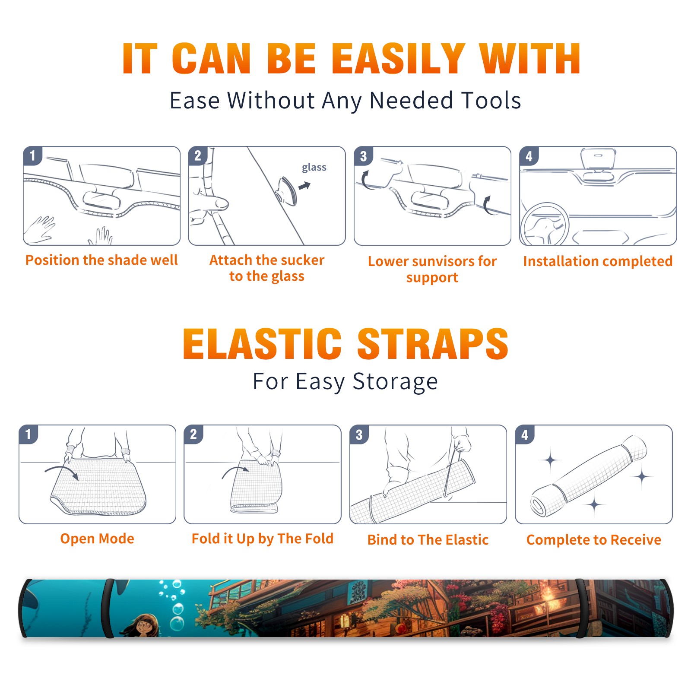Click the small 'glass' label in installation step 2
(314, 168)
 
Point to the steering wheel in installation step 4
(545, 225)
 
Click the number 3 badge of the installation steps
(364, 156)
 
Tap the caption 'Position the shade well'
(101, 260)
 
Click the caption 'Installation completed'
(598, 261)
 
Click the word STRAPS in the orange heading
(433, 344)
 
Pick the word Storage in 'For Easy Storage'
(395, 382)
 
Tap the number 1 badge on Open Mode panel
(29, 434)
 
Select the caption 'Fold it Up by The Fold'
(263, 539)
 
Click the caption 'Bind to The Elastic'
(428, 540)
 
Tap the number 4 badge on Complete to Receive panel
(525, 434)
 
